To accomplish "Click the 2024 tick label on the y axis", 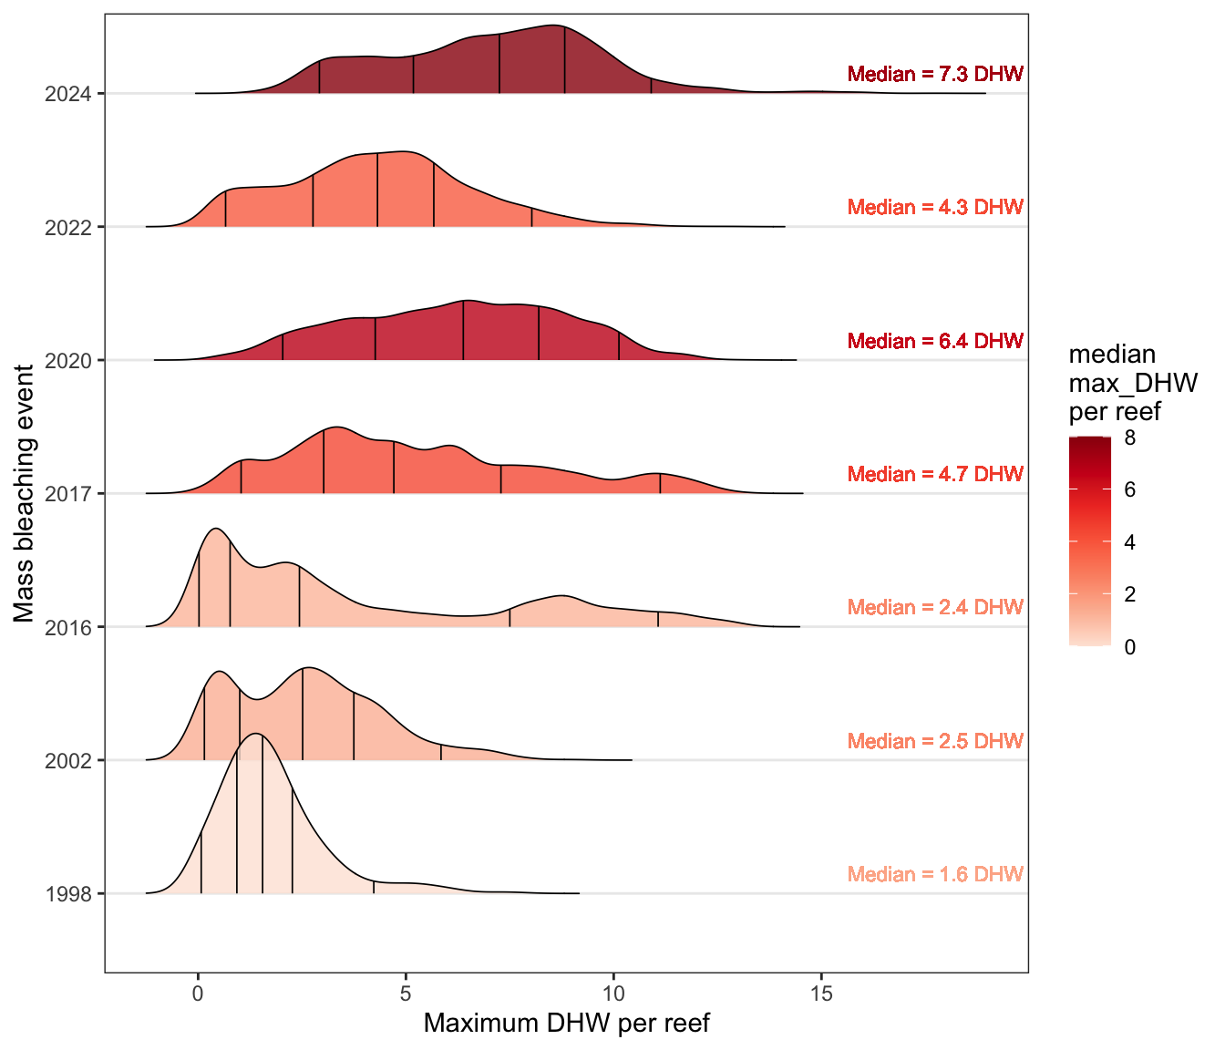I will pyautogui.click(x=67, y=94).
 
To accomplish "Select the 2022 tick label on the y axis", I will pyautogui.click(x=67, y=227).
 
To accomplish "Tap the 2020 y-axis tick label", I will pyautogui.click(x=67, y=361).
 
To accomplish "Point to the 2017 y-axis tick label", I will pyautogui.click(x=67, y=494).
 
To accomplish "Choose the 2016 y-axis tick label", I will pyautogui.click(x=67, y=627).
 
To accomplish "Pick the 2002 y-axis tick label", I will pyautogui.click(x=67, y=760).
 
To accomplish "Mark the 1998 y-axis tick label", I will pyautogui.click(x=67, y=894).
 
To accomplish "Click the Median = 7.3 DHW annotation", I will pyautogui.click(x=935, y=75).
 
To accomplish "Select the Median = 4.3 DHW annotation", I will pyautogui.click(x=935, y=208).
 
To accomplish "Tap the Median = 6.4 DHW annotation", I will pyautogui.click(x=935, y=342).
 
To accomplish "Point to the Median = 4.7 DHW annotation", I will pyautogui.click(x=935, y=475).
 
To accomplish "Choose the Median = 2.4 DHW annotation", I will pyautogui.click(x=935, y=608).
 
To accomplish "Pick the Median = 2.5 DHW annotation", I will pyautogui.click(x=935, y=742).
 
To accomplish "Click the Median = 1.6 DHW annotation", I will pyautogui.click(x=935, y=875).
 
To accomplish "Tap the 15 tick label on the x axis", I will pyautogui.click(x=821, y=993).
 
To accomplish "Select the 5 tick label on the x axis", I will pyautogui.click(x=406, y=993).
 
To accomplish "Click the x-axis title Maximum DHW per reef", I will pyautogui.click(x=566, y=1024).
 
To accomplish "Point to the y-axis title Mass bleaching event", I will pyautogui.click(x=25, y=493).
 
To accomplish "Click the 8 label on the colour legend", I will pyautogui.click(x=1130, y=438).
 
